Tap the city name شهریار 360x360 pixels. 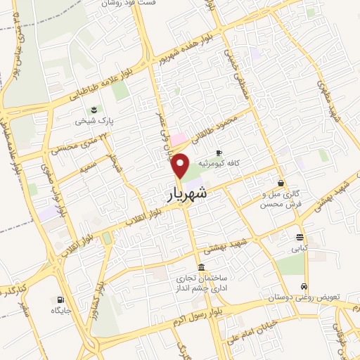pos(189,195)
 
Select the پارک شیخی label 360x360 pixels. pos(94,121)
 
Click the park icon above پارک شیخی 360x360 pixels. pos(94,109)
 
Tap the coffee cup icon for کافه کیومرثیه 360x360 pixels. pos(219,152)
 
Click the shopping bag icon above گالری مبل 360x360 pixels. pos(281,183)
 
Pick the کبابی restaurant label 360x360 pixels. pos(300,248)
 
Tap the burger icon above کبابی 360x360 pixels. pos(300,237)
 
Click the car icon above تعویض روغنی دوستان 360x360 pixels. pos(303,286)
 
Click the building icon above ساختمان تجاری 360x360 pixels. pos(202,267)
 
